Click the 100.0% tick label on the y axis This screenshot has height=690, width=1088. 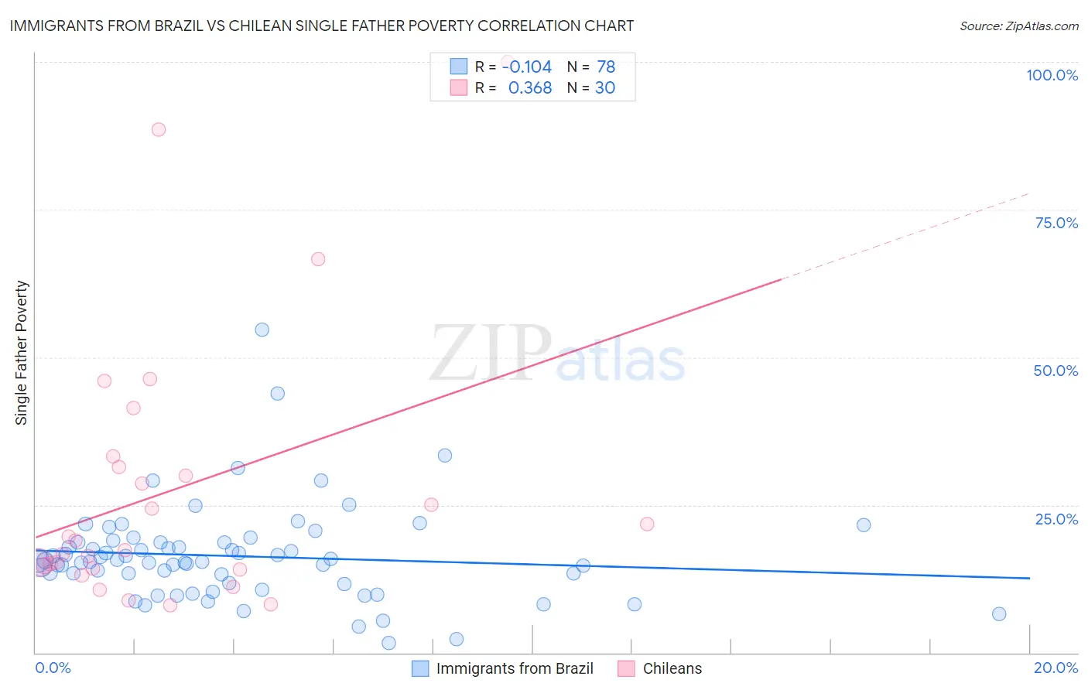point(1052,75)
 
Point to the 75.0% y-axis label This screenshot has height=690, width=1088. point(1056,223)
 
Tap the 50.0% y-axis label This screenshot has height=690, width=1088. point(1055,371)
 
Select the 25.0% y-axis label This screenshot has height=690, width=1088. point(1056,519)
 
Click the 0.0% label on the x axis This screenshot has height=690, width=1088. point(53,668)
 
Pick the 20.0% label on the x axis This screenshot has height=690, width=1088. point(1055,668)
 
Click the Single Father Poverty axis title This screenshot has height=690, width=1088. point(22,353)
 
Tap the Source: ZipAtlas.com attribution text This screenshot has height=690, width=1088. point(1018,26)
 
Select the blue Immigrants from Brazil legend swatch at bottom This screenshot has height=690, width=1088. point(420,668)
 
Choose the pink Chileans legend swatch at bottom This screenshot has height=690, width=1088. point(626,668)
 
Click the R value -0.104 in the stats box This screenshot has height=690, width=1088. point(527,67)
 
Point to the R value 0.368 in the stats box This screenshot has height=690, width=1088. point(530,88)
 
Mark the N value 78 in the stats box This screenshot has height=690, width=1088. point(606,67)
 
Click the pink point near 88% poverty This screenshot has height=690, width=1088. point(159,129)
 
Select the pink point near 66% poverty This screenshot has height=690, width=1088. point(318,259)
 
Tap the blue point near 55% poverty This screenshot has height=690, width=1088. point(262,330)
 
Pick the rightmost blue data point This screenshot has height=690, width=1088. point(999,614)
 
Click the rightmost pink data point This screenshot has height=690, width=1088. point(647,524)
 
